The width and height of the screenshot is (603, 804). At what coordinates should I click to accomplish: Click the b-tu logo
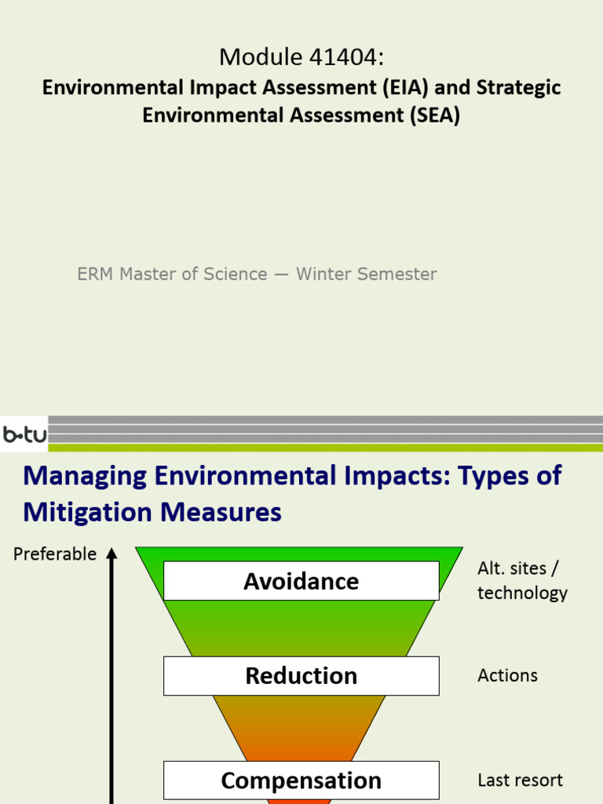click(x=24, y=434)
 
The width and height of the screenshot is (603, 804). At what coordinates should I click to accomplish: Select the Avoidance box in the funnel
click(x=301, y=581)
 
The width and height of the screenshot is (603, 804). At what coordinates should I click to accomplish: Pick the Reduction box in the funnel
click(x=301, y=676)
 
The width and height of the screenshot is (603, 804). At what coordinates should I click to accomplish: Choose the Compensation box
click(x=301, y=780)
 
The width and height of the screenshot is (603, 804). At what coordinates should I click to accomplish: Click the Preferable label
click(x=55, y=554)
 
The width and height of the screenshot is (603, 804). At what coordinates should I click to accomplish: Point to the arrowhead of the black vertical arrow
click(x=111, y=554)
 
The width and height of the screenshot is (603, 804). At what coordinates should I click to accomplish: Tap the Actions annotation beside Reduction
click(x=507, y=675)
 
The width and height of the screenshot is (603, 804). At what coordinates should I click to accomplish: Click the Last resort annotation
click(x=520, y=780)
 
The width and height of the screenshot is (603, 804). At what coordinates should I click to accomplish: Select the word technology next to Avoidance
click(x=522, y=593)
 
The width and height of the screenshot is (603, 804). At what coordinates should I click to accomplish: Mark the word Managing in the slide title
click(x=85, y=476)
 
